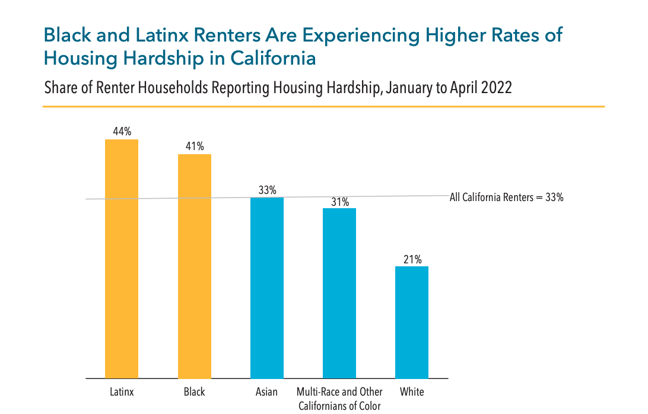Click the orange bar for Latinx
coord(122,259)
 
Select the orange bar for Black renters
coord(195,266)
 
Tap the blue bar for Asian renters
coord(267,288)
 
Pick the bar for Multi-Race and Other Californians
coord(339,293)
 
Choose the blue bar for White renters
coord(412,322)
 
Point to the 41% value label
coord(195,147)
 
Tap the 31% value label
coord(339,202)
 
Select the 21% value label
coord(412,259)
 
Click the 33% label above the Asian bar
coord(267,190)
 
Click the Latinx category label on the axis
coord(122,392)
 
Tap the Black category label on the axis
coord(195,392)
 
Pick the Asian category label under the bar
coord(267,392)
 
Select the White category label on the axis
coord(412,392)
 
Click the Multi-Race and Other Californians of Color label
coord(339,399)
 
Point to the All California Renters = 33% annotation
coord(506,198)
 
